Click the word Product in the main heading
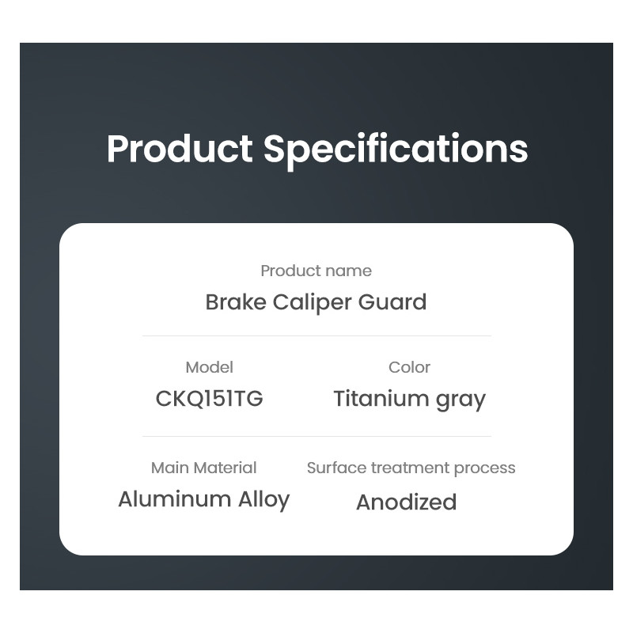click(x=180, y=149)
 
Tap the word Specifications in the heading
click(x=396, y=149)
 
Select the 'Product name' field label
click(x=316, y=271)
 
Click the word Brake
click(x=236, y=302)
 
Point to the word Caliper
click(x=312, y=303)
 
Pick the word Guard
click(x=392, y=302)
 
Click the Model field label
click(x=209, y=367)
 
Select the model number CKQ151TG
click(x=209, y=399)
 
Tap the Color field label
click(x=409, y=367)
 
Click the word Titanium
click(x=381, y=399)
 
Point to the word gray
click(x=461, y=400)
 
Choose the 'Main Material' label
click(x=204, y=468)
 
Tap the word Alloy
click(x=264, y=501)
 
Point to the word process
click(x=484, y=469)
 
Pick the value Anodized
click(x=407, y=502)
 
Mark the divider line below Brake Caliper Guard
click(x=316, y=335)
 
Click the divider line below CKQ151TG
click(x=316, y=436)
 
